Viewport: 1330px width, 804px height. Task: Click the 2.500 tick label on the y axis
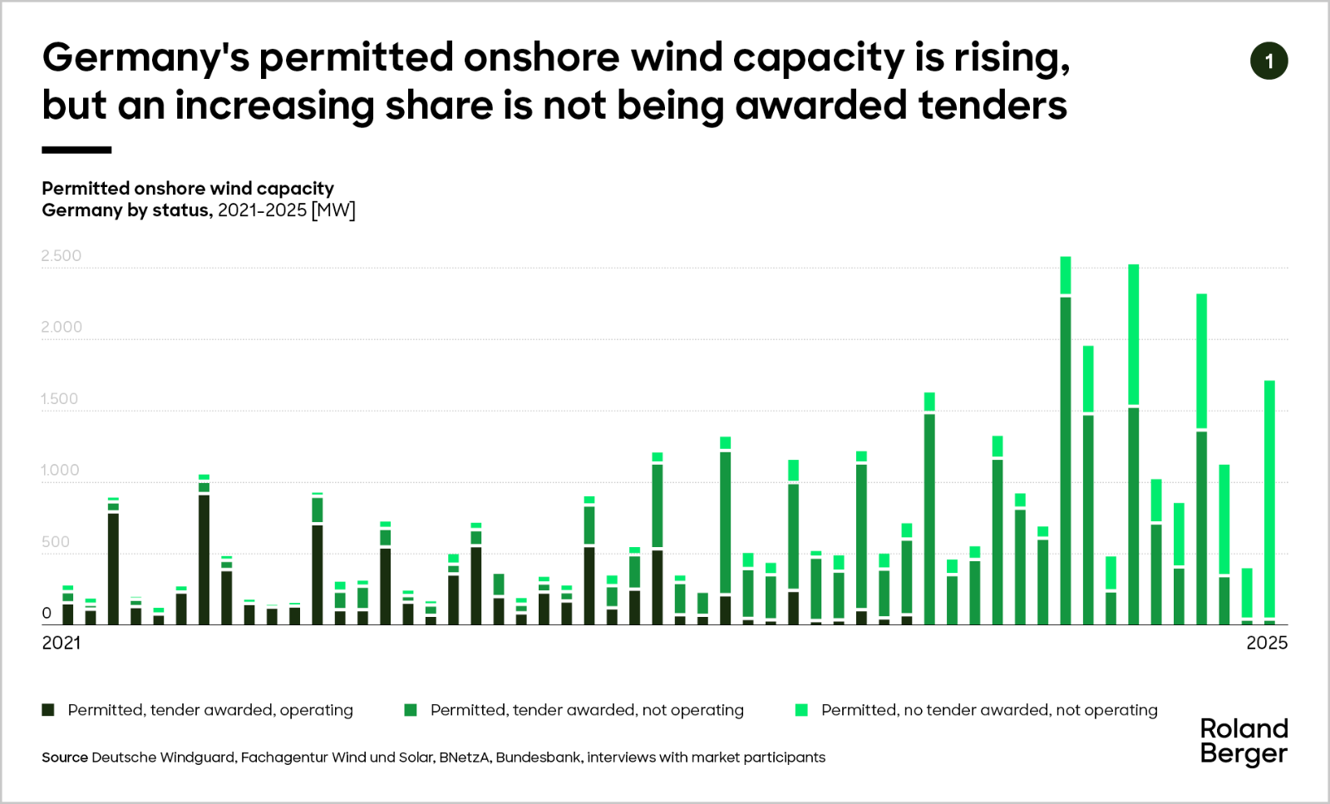coord(62,255)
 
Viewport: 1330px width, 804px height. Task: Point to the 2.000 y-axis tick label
coord(62,327)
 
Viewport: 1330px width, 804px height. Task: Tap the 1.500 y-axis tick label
coord(59,398)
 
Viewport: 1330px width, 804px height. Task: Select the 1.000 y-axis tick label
coord(60,470)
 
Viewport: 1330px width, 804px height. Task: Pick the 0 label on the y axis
coord(47,613)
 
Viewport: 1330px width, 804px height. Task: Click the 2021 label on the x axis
coord(62,643)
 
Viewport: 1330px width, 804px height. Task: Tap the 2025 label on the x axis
coord(1266,643)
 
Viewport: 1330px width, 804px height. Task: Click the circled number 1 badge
coord(1268,62)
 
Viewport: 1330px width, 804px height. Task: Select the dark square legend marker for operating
coord(48,710)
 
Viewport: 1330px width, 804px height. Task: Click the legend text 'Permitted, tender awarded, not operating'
coord(587,710)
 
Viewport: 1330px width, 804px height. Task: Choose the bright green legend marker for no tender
coord(801,710)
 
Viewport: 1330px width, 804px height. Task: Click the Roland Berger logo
coord(1244,741)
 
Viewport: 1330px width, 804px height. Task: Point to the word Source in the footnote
coord(65,757)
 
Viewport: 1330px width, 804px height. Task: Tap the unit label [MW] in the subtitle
coord(333,210)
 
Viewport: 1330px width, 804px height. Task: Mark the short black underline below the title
coord(76,150)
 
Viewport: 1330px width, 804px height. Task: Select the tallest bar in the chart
coord(1066,441)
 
